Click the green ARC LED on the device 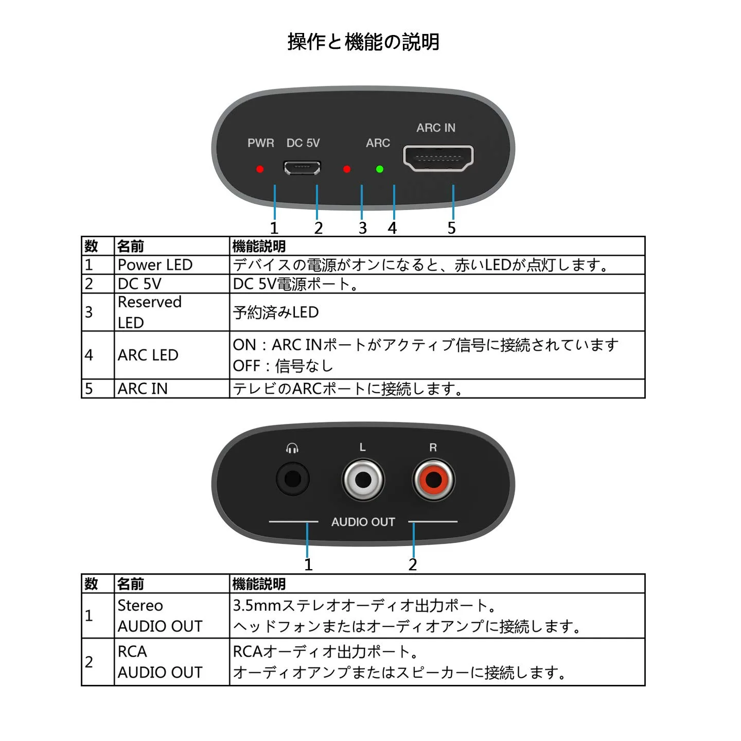(380, 169)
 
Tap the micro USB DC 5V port (302, 168)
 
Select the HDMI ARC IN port (438, 158)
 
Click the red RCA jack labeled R (434, 480)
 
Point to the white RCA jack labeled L (363, 480)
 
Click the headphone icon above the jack (292, 448)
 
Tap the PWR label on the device (260, 143)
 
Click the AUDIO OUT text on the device (363, 522)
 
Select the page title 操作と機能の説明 (363, 42)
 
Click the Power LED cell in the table (155, 265)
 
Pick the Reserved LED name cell (149, 312)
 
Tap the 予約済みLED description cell (276, 312)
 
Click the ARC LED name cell (148, 355)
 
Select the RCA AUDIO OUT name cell (160, 662)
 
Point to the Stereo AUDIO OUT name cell (160, 615)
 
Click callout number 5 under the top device (451, 228)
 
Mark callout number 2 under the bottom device (412, 564)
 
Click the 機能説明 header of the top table (259, 246)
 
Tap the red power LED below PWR (260, 169)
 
